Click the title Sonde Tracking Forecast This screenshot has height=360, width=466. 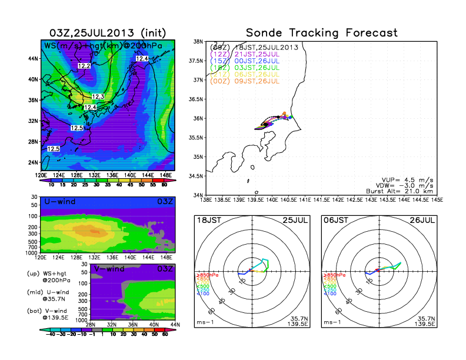pos(322,33)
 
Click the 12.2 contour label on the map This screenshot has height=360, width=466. pos(84,66)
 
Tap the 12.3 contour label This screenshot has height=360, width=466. pos(98,96)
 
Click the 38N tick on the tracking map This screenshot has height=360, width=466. pos(199,42)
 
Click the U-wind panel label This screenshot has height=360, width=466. pos(59,202)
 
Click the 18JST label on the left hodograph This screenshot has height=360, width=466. pos(208,220)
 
